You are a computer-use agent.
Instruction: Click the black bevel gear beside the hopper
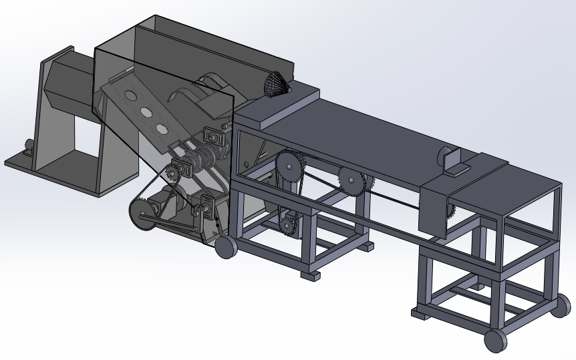pyautogui.click(x=275, y=84)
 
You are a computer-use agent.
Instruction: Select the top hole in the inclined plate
pyautogui.click(x=127, y=94)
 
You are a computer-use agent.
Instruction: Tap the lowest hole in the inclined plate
pyautogui.click(x=161, y=128)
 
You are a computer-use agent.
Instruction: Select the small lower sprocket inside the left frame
pyautogui.click(x=289, y=224)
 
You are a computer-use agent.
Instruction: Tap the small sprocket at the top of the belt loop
pyautogui.click(x=176, y=172)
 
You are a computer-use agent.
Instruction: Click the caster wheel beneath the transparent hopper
pyautogui.click(x=226, y=248)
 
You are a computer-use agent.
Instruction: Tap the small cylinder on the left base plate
pyautogui.click(x=29, y=144)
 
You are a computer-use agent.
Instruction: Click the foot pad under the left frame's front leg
pyautogui.click(x=311, y=275)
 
